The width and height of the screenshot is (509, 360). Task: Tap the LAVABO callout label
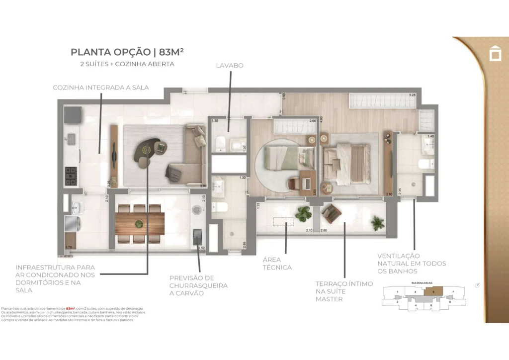coord(230,65)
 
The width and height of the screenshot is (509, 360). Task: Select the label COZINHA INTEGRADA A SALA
coord(101,88)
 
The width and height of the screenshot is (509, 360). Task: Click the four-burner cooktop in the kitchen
coord(72,174)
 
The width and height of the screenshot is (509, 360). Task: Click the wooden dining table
coord(140,219)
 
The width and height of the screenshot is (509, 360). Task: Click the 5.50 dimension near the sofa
coord(203,185)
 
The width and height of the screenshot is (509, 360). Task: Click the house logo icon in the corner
coord(495,53)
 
